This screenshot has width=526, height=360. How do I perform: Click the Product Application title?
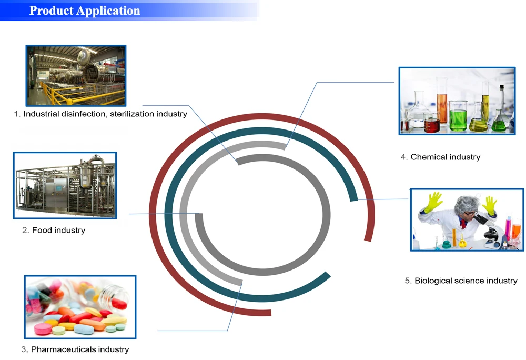point(85,11)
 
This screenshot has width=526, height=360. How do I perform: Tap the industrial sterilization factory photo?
point(76,76)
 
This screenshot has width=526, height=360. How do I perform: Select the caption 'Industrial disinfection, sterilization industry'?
point(105,114)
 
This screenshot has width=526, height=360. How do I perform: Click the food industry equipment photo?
point(65,185)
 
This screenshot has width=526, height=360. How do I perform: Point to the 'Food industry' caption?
point(59,230)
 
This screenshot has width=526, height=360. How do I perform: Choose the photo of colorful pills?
point(80,307)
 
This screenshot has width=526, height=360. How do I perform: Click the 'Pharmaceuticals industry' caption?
point(80,349)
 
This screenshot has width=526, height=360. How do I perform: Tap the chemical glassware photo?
point(457,101)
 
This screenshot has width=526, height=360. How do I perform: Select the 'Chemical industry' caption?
point(446,157)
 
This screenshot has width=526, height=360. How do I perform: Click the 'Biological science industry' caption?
point(466,281)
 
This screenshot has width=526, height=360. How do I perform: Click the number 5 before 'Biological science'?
point(407,281)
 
